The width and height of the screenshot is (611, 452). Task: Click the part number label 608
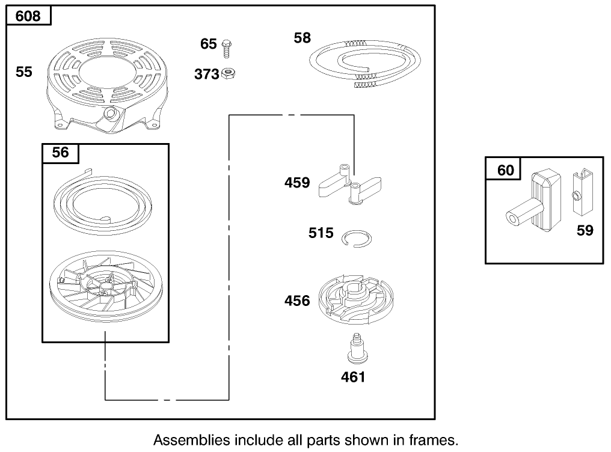28,16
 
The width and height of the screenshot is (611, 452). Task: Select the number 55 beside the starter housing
24,72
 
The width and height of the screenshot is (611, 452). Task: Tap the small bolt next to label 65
226,49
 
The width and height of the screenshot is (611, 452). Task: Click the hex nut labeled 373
228,73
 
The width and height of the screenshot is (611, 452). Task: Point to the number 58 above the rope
302,38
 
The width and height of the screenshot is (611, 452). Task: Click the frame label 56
60,152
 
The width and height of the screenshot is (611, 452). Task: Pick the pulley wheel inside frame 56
106,286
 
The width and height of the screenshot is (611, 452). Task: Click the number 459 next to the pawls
297,183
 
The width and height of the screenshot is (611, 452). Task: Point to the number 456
297,301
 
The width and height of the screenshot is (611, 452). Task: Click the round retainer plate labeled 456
356,300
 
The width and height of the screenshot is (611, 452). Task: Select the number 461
353,377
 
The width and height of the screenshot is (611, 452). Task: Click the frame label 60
506,171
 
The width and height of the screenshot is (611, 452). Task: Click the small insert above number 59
583,192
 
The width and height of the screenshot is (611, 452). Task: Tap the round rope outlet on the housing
111,114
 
